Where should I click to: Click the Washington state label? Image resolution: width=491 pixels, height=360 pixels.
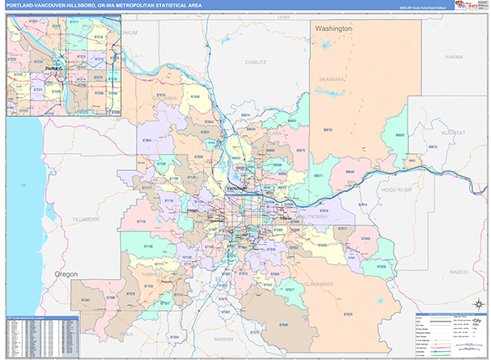click(334, 29)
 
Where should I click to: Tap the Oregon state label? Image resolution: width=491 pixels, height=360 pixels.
click(66, 273)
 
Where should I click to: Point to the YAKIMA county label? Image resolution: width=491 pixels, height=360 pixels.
click(454, 58)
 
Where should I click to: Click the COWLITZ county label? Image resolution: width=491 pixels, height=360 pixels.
click(256, 61)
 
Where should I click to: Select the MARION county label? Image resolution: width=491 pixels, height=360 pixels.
click(223, 339)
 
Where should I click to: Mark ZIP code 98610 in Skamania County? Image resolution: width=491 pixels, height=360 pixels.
click(327, 129)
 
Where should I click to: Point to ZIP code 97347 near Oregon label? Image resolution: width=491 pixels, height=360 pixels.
click(85, 301)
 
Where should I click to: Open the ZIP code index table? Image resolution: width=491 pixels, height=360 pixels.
click(41, 335)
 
